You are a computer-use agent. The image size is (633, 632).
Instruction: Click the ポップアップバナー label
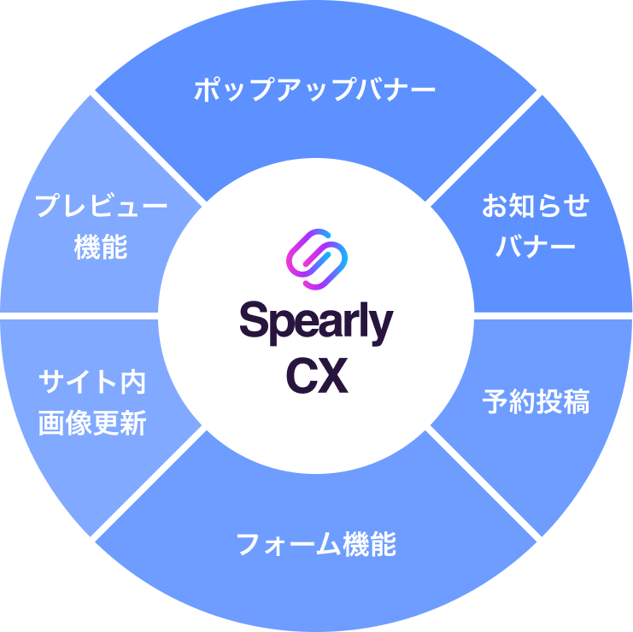point(315,89)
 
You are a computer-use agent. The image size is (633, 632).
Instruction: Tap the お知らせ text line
point(536,206)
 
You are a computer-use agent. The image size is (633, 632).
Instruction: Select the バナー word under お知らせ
point(536,247)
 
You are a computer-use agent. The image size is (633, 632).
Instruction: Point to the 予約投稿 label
point(536,402)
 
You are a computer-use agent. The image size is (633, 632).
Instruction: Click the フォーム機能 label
point(315,544)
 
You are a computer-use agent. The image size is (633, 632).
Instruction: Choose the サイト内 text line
point(92,382)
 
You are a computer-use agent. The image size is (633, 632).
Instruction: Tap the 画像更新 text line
point(92,423)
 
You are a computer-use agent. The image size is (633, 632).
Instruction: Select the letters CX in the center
point(316,377)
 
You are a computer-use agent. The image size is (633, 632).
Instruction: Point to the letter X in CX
point(333,377)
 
